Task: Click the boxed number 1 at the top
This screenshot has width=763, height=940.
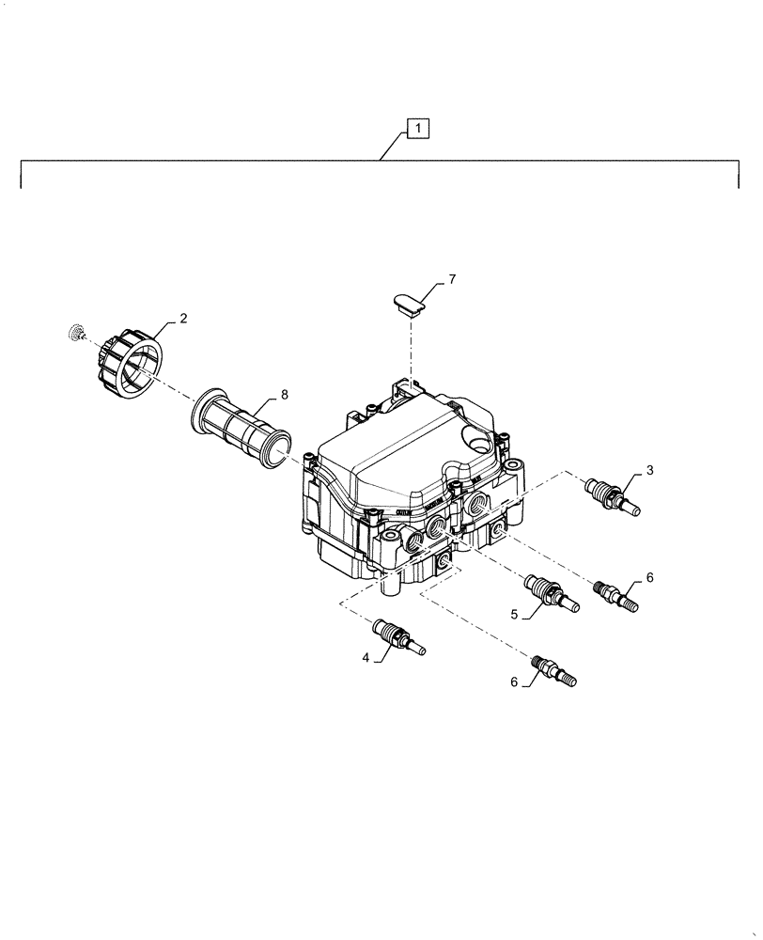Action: (x=418, y=127)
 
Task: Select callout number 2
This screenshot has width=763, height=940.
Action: (x=183, y=319)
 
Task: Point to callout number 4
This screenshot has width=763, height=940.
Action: (x=366, y=658)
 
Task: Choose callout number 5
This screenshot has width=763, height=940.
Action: (x=514, y=614)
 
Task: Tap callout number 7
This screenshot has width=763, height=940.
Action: (x=451, y=280)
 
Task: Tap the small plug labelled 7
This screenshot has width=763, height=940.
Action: (x=408, y=304)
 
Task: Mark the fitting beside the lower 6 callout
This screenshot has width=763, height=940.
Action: (x=554, y=670)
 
